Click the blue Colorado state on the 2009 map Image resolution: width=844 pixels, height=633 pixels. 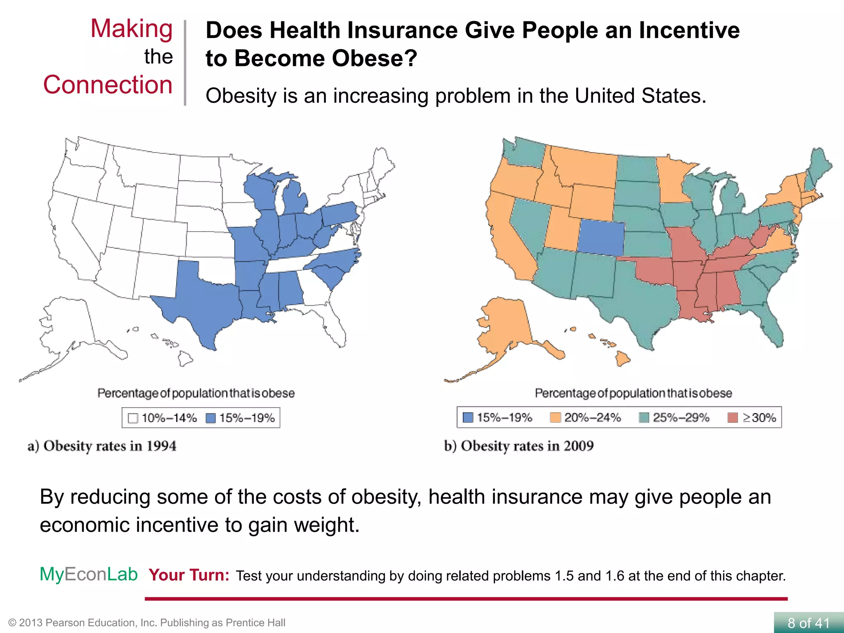point(601,238)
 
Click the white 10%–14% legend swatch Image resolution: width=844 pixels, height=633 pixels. point(133,418)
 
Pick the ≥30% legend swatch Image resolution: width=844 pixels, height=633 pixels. point(732,418)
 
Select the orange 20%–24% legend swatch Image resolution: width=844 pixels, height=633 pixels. point(555,418)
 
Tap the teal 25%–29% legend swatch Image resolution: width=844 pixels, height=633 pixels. point(644,418)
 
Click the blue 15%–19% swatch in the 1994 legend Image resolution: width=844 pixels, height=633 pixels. point(211,418)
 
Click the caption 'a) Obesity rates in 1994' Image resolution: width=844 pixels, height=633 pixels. point(102,446)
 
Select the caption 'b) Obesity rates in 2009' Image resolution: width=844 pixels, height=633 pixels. point(519,446)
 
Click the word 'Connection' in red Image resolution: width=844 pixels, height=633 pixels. point(108,85)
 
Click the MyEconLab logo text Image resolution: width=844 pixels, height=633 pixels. point(89,574)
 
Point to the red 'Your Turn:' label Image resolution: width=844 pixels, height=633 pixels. point(189,575)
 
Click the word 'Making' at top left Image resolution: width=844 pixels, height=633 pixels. point(131,29)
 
